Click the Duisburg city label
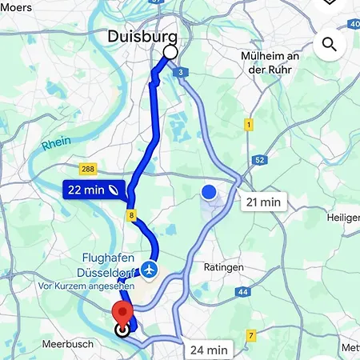click(x=142, y=36)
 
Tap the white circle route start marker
click(x=170, y=53)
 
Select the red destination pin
click(x=122, y=313)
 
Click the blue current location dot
click(x=209, y=192)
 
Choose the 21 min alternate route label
click(x=264, y=202)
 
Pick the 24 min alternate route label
click(x=209, y=350)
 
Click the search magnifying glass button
click(x=330, y=44)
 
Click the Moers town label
click(x=16, y=7)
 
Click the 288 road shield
click(x=89, y=169)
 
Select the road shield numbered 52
click(x=260, y=160)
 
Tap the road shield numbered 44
click(x=243, y=292)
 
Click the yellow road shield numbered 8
click(x=130, y=216)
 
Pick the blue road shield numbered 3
click(x=182, y=73)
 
